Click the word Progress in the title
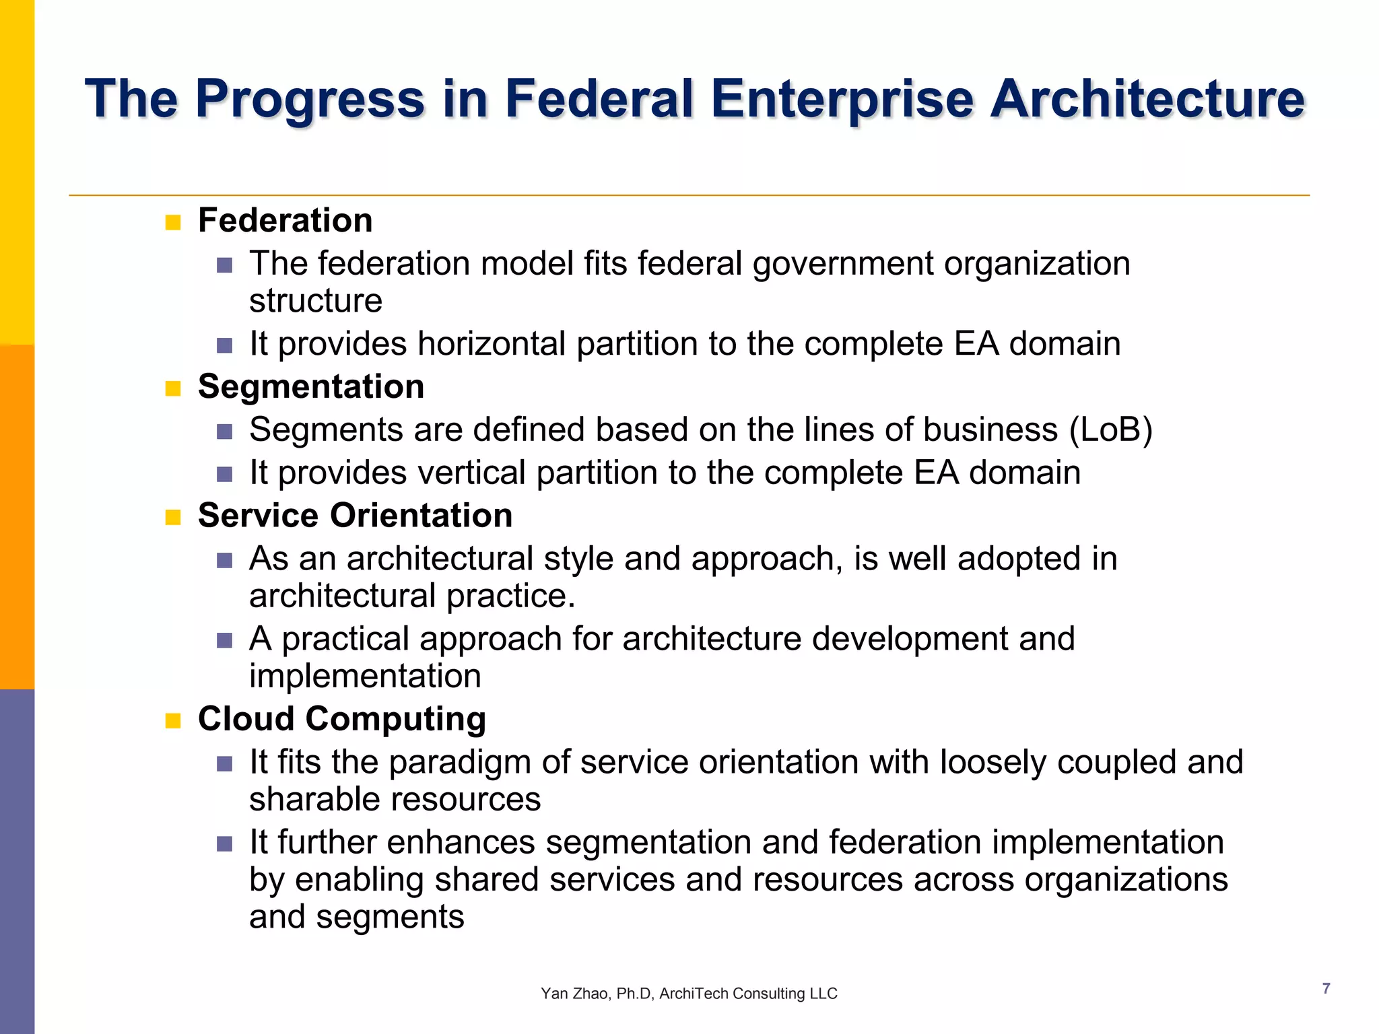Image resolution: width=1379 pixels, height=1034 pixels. [310, 99]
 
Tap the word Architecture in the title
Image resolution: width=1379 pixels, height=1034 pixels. [1147, 99]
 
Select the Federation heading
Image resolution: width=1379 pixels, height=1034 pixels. [285, 221]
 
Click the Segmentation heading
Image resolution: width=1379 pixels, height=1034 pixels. [310, 387]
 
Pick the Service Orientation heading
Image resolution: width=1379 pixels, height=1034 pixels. [355, 516]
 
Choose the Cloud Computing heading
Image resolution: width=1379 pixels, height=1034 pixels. [341, 719]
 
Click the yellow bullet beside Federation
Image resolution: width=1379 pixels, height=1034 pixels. [173, 223]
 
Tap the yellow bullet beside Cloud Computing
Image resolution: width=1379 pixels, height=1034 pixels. [173, 722]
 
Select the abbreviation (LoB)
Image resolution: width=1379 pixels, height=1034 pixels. [1111, 429]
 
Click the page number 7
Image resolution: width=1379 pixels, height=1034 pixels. [1326, 988]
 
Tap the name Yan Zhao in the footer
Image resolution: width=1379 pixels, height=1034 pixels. [574, 994]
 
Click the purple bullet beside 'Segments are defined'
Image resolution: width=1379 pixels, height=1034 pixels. [224, 432]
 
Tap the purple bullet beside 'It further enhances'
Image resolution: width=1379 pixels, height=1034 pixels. [224, 844]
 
